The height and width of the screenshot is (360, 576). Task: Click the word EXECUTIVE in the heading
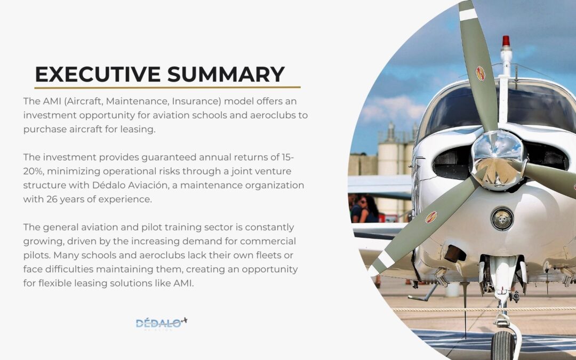tap(98, 74)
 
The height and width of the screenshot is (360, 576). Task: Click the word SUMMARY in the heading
tap(226, 74)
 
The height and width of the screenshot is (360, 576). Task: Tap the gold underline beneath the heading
tap(167, 87)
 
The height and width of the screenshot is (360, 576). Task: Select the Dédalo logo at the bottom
tap(161, 323)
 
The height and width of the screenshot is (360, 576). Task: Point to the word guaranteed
tap(169, 157)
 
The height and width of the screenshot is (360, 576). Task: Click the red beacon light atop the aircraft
tap(506, 41)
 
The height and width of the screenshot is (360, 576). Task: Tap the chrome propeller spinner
tap(498, 159)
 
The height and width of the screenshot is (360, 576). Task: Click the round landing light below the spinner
tap(502, 219)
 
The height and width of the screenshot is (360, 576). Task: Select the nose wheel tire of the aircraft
tap(502, 345)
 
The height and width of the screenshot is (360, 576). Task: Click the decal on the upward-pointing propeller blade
tap(480, 74)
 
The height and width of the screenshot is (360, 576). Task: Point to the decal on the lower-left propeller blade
tap(431, 218)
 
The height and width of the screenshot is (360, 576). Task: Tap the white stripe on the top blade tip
tap(468, 15)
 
